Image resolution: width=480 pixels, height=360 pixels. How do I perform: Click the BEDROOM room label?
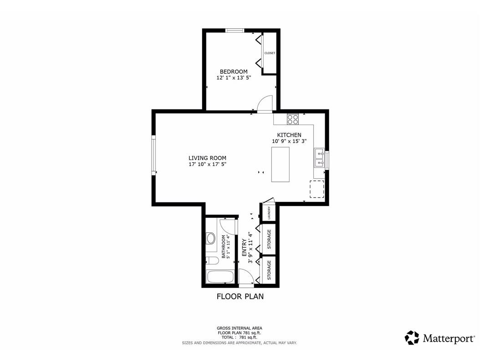click(x=234, y=72)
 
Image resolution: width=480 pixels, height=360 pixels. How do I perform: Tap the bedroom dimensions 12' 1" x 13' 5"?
click(x=234, y=78)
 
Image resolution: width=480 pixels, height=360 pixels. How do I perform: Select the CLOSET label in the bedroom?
click(x=270, y=53)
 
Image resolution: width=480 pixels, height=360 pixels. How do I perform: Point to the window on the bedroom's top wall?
click(x=235, y=31)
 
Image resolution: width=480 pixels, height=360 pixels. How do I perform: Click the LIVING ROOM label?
click(x=207, y=158)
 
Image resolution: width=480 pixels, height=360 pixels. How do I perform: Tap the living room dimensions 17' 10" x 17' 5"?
click(x=207, y=164)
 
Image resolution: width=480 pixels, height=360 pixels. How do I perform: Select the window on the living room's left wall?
click(x=154, y=155)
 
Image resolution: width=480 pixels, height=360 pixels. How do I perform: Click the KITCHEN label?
click(x=289, y=135)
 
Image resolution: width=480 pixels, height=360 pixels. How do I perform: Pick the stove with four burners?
click(x=293, y=119)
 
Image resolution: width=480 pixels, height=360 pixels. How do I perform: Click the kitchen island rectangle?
click(x=281, y=164)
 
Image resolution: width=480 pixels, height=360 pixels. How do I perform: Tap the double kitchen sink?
click(x=319, y=158)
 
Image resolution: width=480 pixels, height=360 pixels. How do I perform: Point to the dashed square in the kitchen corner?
click(x=317, y=189)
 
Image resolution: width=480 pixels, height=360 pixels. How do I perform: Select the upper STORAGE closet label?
click(x=269, y=238)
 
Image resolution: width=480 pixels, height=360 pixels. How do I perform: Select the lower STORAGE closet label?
click(x=269, y=270)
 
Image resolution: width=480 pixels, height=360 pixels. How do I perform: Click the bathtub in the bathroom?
click(x=220, y=277)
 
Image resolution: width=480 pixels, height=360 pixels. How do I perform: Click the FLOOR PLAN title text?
click(x=240, y=297)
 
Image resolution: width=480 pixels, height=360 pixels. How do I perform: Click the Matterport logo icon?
click(x=412, y=338)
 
